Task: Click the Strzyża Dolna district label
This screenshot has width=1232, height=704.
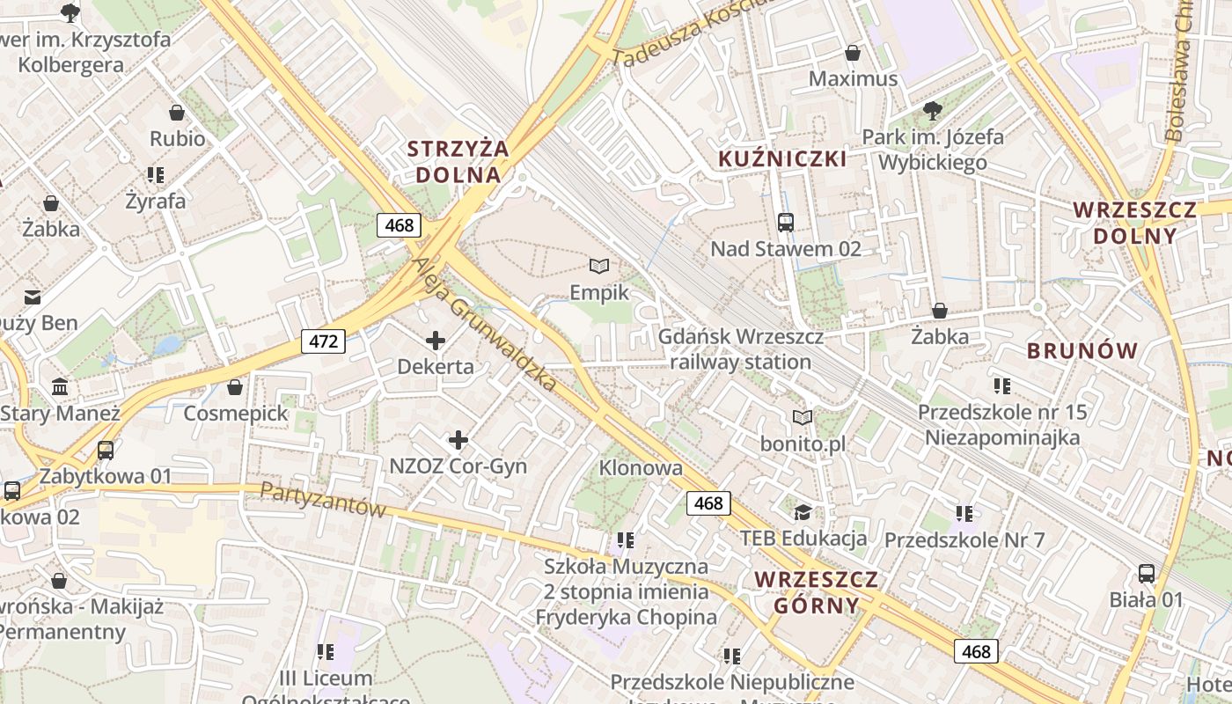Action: (x=458, y=161)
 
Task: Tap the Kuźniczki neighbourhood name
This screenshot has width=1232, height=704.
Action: (x=783, y=159)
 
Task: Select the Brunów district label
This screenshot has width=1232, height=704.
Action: (x=1083, y=351)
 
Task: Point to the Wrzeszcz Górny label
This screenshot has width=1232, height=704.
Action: (x=817, y=592)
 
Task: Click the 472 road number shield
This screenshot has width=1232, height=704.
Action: (x=323, y=341)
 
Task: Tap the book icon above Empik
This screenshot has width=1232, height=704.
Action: (x=599, y=266)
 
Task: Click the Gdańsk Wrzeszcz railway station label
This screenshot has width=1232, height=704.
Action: (x=741, y=349)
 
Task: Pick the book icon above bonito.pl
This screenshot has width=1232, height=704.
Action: (x=803, y=417)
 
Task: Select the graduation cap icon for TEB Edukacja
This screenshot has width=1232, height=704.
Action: (x=803, y=512)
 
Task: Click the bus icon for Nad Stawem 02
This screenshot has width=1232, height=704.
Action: (x=786, y=223)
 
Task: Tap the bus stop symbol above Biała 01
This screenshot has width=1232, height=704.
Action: (x=1146, y=574)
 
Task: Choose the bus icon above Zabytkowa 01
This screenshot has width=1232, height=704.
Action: (x=106, y=451)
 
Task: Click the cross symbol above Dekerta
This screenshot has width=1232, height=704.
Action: (x=436, y=341)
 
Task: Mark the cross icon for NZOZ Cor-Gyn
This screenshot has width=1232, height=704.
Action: (x=458, y=440)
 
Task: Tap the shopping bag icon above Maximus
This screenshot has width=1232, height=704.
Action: (x=852, y=53)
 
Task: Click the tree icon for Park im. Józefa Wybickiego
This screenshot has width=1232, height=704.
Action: (x=933, y=111)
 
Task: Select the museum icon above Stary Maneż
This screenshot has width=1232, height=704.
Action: (x=60, y=386)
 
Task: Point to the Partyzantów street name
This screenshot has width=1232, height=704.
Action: (x=325, y=499)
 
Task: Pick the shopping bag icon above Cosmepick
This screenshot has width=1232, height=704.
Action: (x=235, y=387)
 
